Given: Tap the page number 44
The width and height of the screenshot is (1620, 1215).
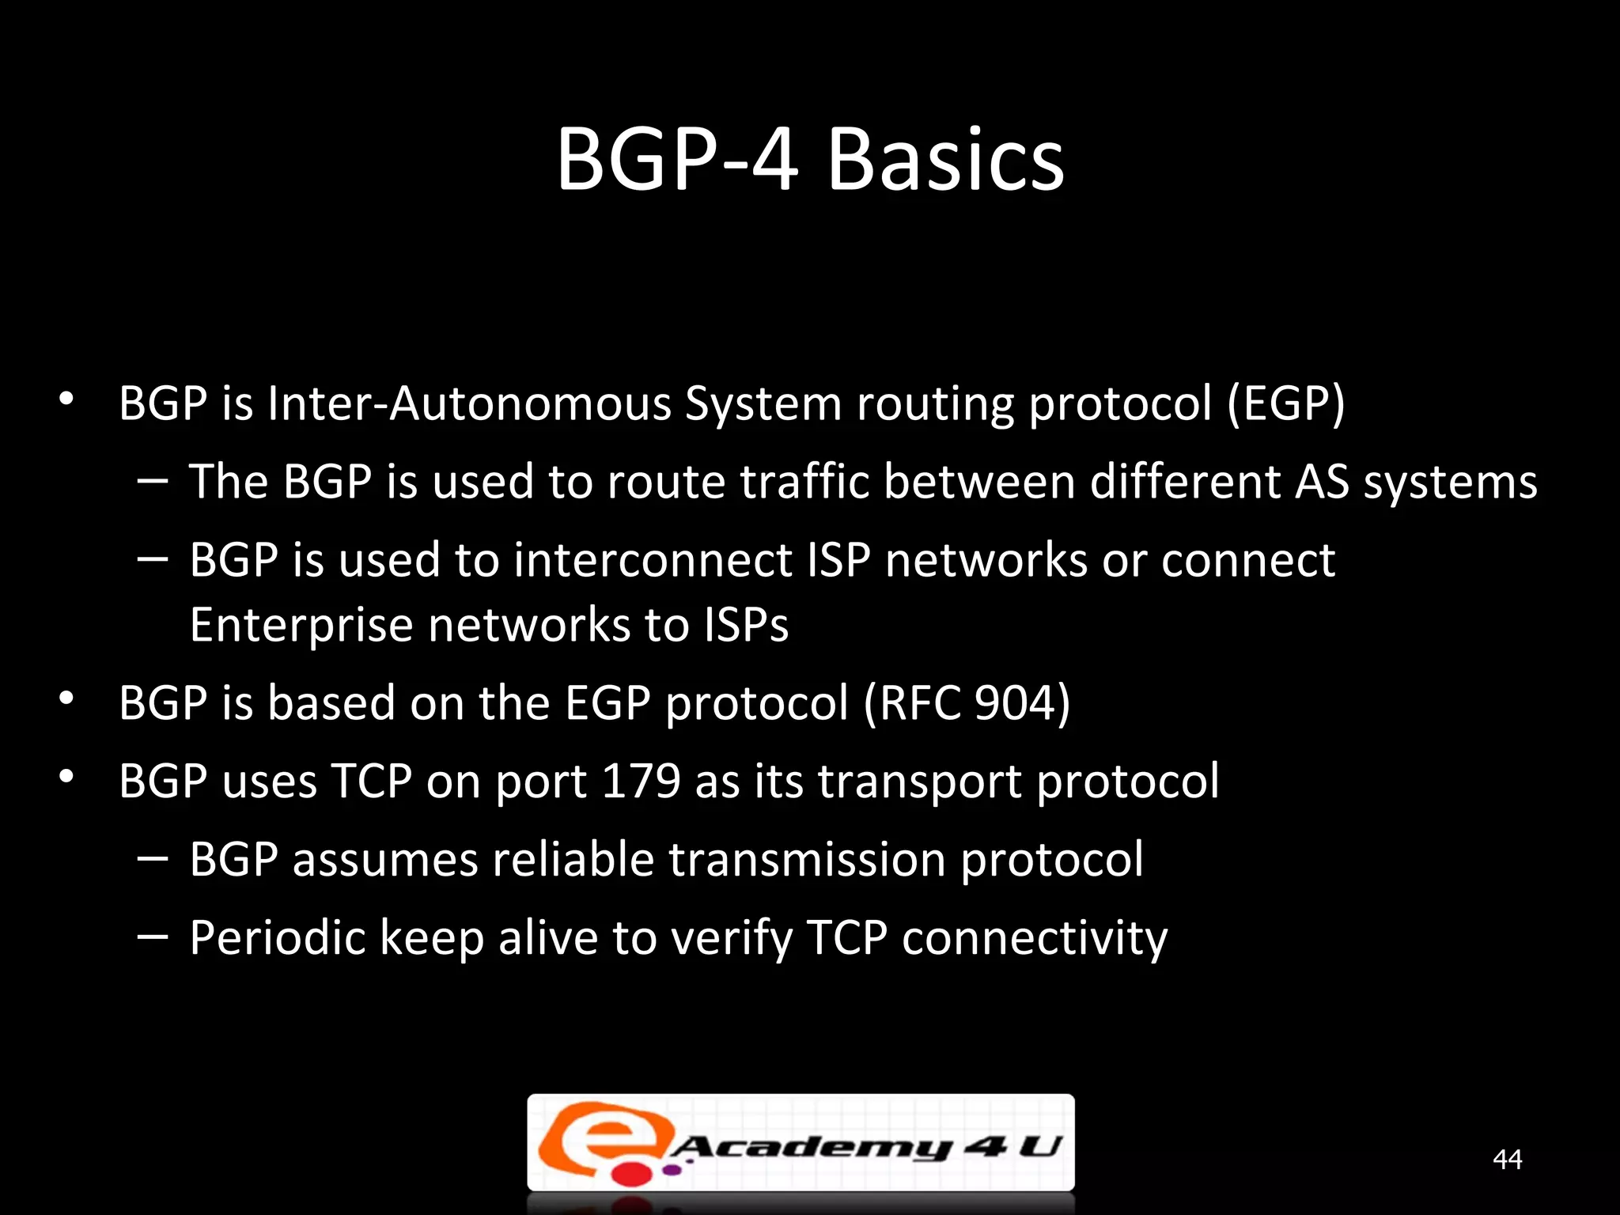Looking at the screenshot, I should (x=1507, y=1159).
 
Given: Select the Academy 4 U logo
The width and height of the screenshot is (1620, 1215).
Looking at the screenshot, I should (x=801, y=1142).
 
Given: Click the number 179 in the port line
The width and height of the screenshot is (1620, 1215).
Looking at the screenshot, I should (x=641, y=782).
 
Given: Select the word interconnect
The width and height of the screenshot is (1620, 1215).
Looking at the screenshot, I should (x=653, y=560).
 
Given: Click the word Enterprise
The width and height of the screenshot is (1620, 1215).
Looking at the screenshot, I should (x=301, y=626).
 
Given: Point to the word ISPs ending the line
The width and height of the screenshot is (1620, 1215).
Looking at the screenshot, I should (x=746, y=626).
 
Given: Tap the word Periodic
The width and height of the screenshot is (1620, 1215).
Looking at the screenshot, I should (x=278, y=938).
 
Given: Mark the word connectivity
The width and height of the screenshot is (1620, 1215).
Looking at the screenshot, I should (x=1034, y=938).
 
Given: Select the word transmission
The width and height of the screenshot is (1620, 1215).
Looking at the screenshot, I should (x=807, y=860).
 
